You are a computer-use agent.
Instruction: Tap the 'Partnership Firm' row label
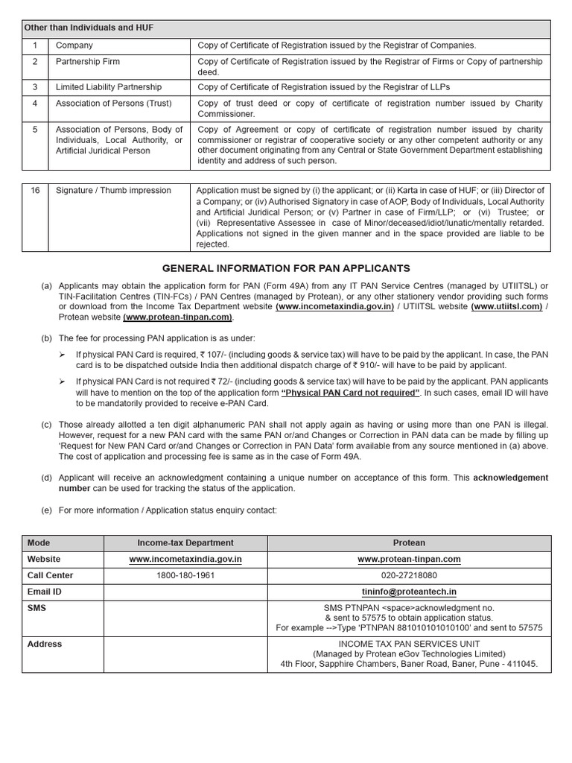pos(87,61)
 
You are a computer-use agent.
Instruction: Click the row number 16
pos(35,191)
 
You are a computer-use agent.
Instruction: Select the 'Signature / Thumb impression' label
pos(113,191)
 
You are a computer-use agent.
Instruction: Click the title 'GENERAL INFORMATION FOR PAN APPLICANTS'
pos(286,268)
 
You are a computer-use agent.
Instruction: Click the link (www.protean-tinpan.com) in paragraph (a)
pos(178,317)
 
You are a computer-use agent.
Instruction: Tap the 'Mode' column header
pos(39,543)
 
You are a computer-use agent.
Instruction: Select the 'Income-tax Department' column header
pos(185,543)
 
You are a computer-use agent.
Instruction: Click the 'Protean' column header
pos(409,543)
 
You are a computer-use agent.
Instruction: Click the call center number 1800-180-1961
pos(185,575)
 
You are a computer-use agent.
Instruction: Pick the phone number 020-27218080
pos(409,575)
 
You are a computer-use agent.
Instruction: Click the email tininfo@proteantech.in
pos(409,592)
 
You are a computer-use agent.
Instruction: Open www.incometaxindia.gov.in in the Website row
pos(185,560)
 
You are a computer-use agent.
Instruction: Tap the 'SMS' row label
pos(36,608)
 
